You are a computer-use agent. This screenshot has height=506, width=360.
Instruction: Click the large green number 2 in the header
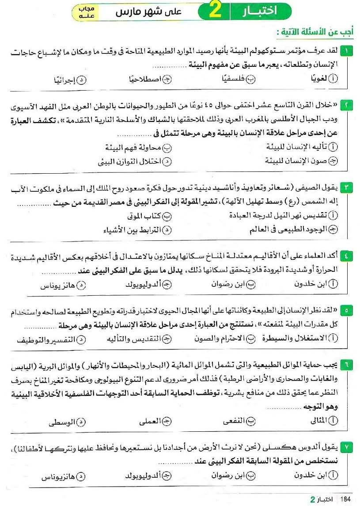pyautogui.click(x=215, y=12)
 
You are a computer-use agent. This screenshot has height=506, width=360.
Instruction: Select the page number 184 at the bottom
pyautogui.click(x=345, y=498)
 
